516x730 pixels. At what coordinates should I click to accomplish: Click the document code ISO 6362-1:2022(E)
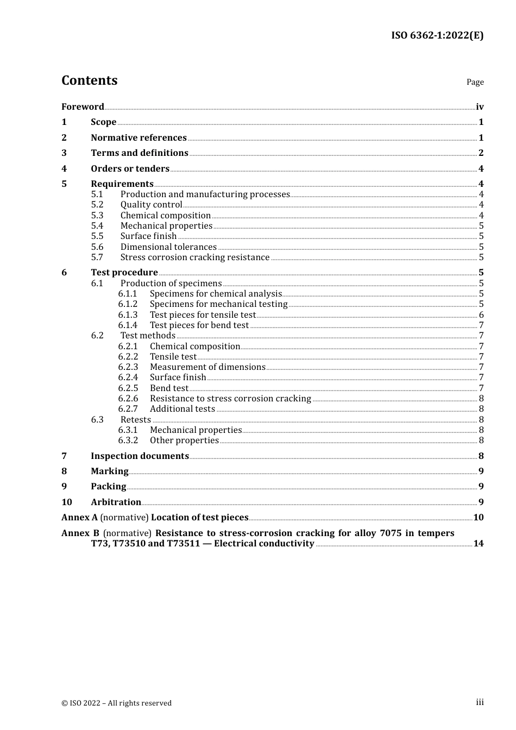point(437,35)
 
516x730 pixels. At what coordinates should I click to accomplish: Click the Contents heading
point(89,80)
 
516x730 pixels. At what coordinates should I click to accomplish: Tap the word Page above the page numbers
point(475,82)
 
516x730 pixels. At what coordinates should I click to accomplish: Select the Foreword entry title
point(83,106)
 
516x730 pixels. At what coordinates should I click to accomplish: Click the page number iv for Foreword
point(480,107)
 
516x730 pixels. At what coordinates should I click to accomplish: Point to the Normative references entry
point(139,137)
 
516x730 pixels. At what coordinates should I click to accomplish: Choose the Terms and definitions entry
point(140,153)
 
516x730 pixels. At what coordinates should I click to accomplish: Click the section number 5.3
point(97,215)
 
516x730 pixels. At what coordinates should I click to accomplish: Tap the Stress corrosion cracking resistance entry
point(195,257)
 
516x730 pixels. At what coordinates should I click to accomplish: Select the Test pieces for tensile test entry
point(203,314)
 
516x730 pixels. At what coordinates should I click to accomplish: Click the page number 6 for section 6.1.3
point(481,315)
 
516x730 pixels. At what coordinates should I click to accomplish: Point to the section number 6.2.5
point(128,388)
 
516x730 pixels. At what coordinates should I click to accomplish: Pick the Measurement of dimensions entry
point(207,367)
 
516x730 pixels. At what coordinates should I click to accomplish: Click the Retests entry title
point(136,419)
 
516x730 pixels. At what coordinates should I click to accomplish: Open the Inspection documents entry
point(140,456)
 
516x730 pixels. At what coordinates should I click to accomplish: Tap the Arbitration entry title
point(116,502)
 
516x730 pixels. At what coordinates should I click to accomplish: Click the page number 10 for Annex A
point(478,517)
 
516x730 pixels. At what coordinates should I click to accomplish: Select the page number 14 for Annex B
point(478,543)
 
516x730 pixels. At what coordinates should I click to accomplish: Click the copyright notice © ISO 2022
point(116,703)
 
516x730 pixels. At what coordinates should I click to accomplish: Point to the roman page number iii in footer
point(480,702)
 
